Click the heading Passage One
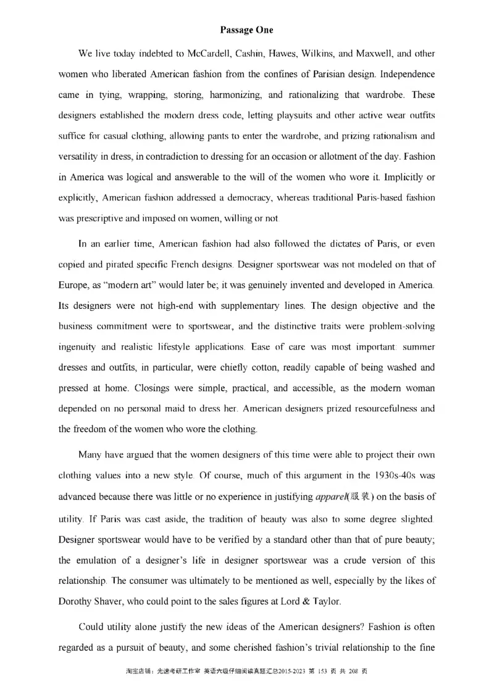click(246, 30)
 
